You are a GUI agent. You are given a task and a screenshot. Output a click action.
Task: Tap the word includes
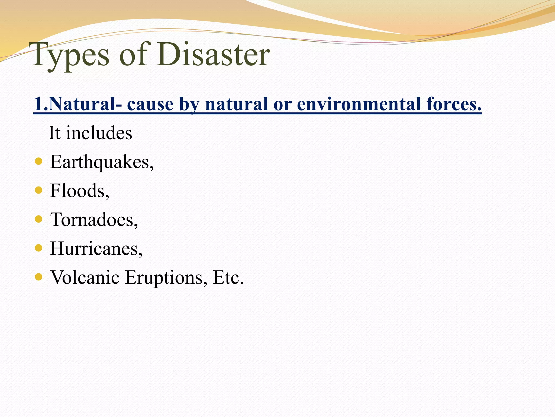99,133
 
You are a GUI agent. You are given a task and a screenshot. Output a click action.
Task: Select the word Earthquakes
102,162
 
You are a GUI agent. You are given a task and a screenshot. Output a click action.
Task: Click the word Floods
79,191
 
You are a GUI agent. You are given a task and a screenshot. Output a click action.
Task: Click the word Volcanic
85,277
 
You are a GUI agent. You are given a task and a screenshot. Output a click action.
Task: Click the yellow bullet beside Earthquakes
39,161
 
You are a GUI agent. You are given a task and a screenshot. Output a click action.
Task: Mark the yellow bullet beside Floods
39,190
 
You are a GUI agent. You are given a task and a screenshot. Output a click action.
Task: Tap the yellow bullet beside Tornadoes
39,219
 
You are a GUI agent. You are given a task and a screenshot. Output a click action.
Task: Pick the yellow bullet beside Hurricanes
39,248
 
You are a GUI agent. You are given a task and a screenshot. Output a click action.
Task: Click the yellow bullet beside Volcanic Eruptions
39,277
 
